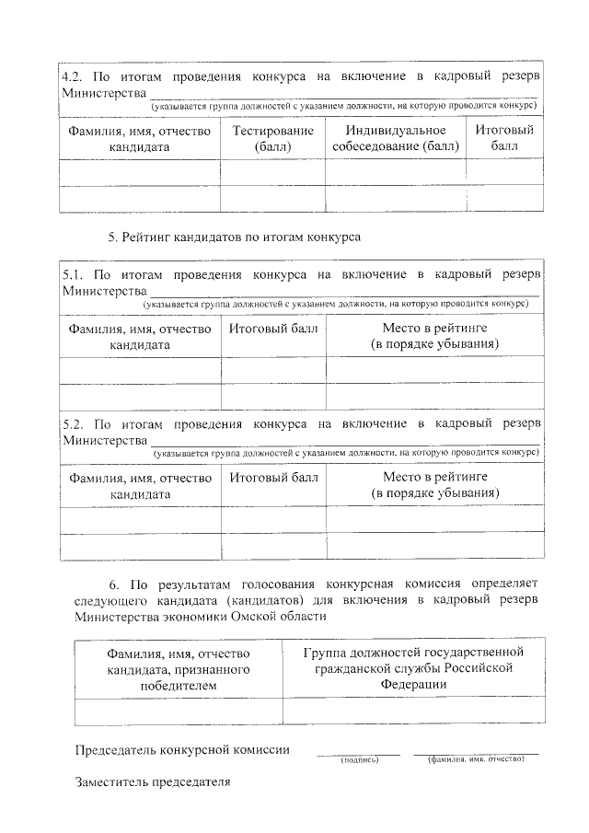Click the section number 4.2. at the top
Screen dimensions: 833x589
pyautogui.click(x=72, y=75)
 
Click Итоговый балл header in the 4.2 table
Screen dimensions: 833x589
pyautogui.click(x=504, y=138)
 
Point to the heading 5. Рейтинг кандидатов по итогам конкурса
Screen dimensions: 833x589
pyautogui.click(x=234, y=237)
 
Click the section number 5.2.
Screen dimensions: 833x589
pyautogui.click(x=72, y=424)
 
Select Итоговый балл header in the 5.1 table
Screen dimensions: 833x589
pyautogui.click(x=273, y=328)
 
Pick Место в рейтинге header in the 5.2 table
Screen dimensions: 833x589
pyautogui.click(x=434, y=485)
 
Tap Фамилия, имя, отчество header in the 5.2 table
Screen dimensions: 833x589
pyautogui.click(x=140, y=485)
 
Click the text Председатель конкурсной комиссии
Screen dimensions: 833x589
pyautogui.click(x=182, y=749)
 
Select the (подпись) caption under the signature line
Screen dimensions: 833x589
pyautogui.click(x=358, y=760)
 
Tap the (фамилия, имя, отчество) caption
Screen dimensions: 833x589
pyautogui.click(x=476, y=759)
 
